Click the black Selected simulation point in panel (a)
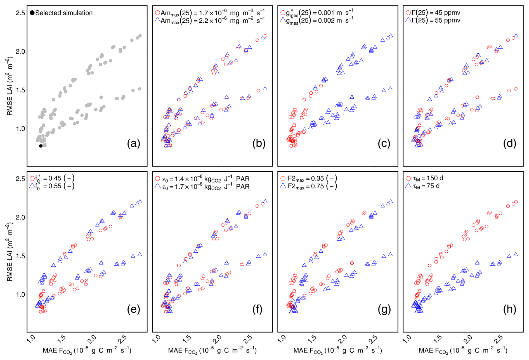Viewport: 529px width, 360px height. (41, 146)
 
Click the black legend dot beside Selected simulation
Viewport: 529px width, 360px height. (32, 13)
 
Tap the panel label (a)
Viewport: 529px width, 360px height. (133, 143)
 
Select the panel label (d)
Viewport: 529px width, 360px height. (509, 143)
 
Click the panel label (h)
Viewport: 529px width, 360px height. (509, 309)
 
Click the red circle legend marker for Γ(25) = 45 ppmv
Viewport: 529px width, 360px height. (408, 13)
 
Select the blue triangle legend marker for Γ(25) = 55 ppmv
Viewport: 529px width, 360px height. (408, 20)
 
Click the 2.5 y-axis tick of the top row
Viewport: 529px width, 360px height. (20, 13)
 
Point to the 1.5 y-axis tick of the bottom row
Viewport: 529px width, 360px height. (20, 256)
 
